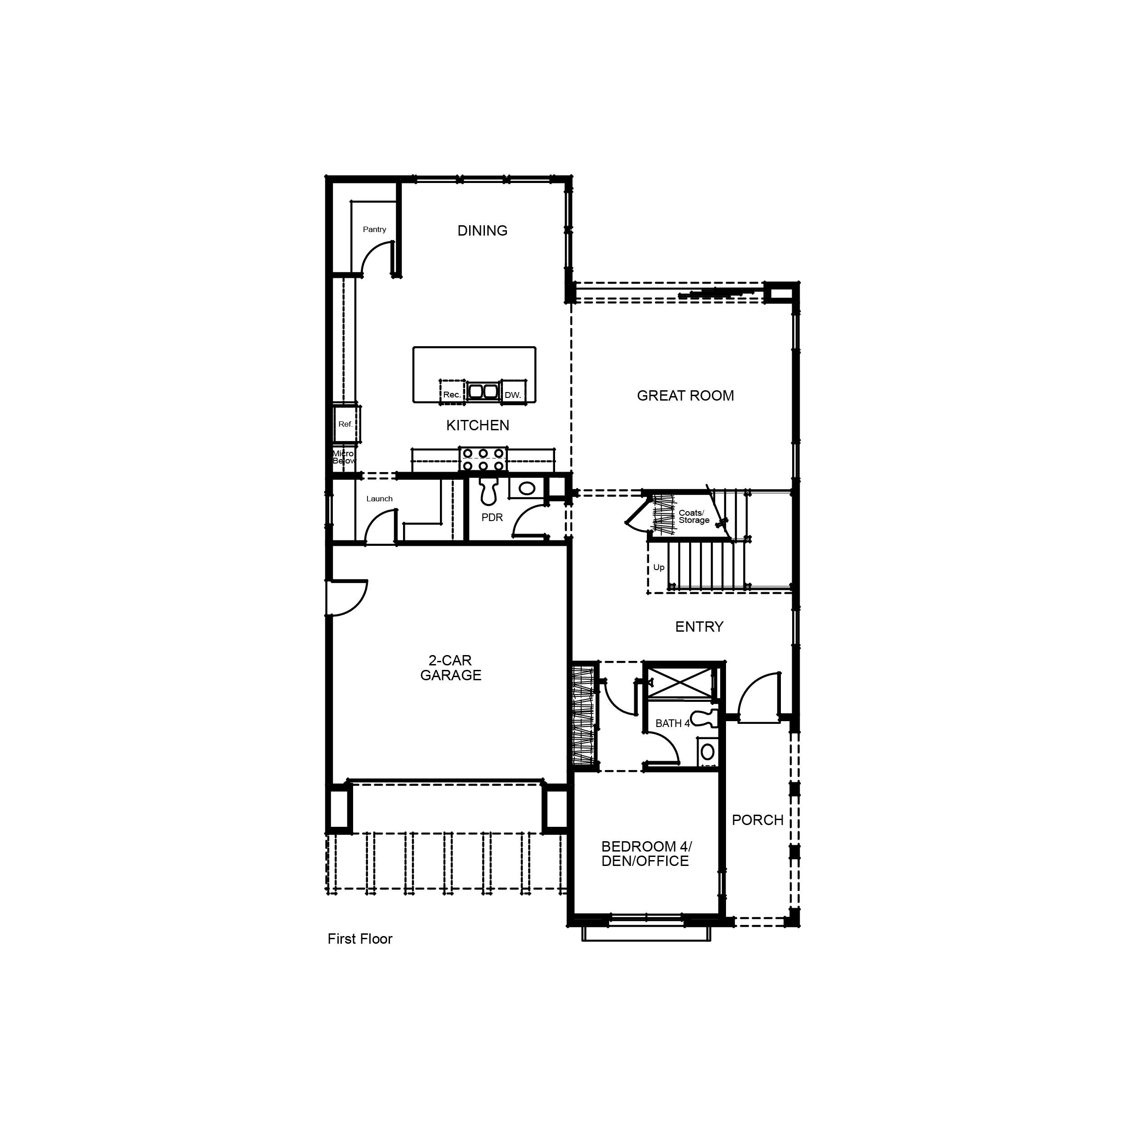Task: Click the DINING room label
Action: tap(482, 231)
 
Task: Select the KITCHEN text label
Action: tap(478, 425)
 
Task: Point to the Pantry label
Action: tap(374, 229)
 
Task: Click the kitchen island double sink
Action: tap(483, 391)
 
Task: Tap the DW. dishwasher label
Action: tap(512, 395)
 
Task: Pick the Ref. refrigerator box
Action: tap(346, 424)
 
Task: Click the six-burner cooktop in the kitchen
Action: tap(483, 459)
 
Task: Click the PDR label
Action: tap(492, 517)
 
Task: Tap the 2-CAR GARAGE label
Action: tap(451, 668)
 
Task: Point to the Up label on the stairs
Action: tap(659, 567)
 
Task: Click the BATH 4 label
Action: tap(672, 723)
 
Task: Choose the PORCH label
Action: tap(757, 820)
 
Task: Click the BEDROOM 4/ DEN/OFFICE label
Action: tap(646, 854)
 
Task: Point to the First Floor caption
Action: tap(360, 939)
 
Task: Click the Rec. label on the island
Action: tap(452, 395)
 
